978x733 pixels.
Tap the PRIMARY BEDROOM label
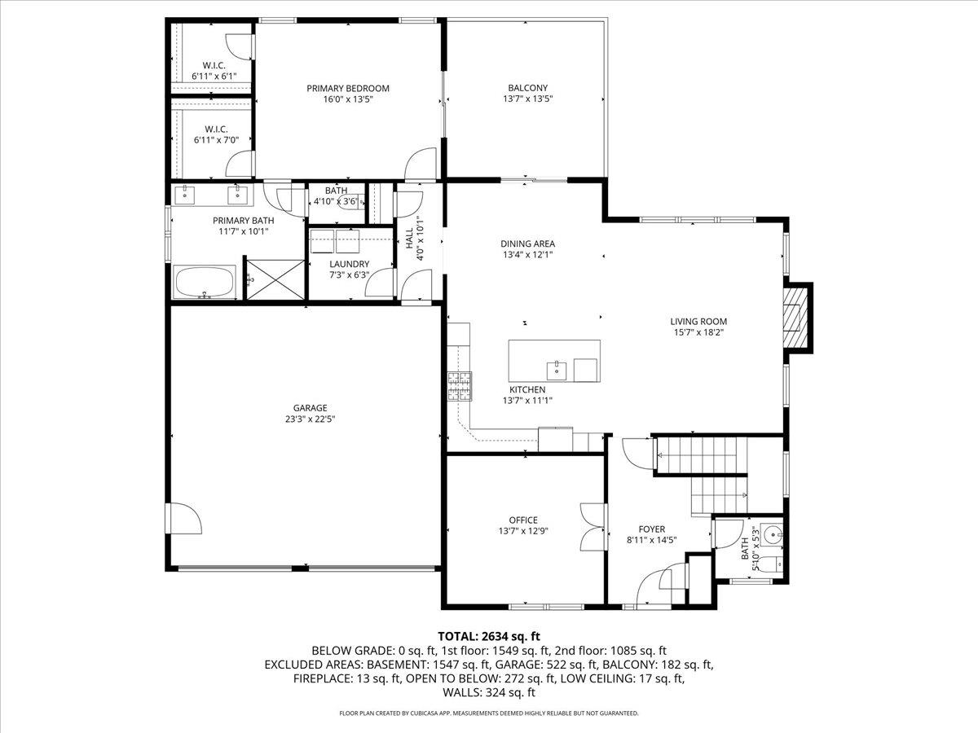point(348,88)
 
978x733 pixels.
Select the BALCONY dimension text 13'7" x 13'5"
point(527,99)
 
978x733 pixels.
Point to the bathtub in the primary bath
point(205,283)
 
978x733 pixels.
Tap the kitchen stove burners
point(458,386)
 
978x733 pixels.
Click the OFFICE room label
point(523,520)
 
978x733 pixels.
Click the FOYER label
point(651,529)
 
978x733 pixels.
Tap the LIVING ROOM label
point(698,321)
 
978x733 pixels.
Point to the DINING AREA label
point(527,244)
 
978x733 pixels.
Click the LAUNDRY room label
point(349,264)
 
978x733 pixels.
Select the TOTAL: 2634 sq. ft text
point(489,636)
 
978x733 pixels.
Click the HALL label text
point(409,238)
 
